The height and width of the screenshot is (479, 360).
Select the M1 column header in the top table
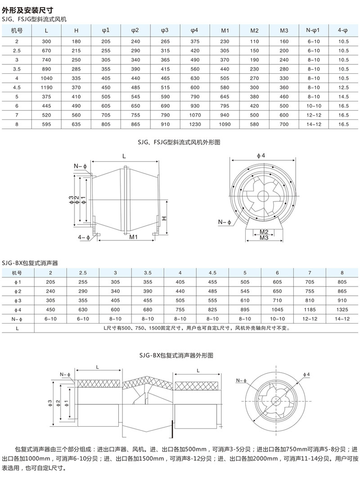click(x=225, y=31)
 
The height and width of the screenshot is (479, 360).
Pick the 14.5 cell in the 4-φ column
click(x=343, y=95)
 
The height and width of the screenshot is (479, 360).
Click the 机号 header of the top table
click(x=17, y=31)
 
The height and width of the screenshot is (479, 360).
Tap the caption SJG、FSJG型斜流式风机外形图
click(x=180, y=142)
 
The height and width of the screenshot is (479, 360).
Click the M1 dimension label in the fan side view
click(x=133, y=237)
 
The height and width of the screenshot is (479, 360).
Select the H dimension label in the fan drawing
click(x=165, y=217)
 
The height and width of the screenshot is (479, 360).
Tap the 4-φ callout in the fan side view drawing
click(x=84, y=236)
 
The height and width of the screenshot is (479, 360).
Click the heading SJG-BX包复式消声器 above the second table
click(x=30, y=262)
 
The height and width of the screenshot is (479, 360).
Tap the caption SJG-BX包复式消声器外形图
click(x=180, y=355)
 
